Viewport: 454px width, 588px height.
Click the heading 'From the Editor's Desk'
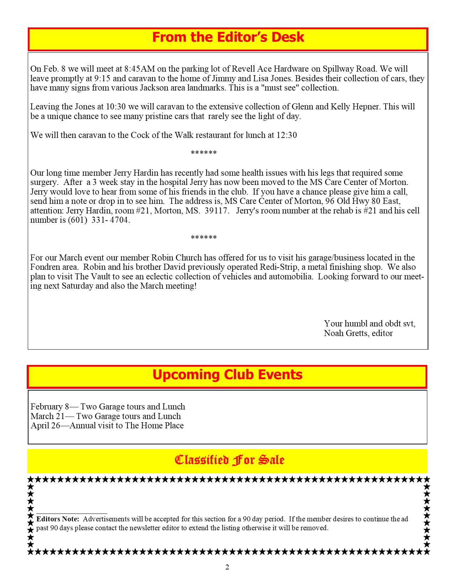[x=228, y=37]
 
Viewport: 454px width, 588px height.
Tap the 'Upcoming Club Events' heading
[x=227, y=375]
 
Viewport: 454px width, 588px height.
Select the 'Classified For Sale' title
[x=230, y=460]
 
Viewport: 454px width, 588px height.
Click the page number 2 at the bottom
[x=227, y=567]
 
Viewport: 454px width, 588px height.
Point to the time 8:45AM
[x=140, y=69]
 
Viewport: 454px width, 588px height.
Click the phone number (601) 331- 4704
[x=98, y=220]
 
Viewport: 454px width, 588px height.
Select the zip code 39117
[x=216, y=211]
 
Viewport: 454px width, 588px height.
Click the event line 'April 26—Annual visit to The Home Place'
[x=107, y=425]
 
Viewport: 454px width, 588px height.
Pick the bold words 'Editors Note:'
[x=58, y=519]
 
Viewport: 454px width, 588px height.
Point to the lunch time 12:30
[x=287, y=135]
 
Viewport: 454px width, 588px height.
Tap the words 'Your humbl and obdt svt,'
[x=370, y=324]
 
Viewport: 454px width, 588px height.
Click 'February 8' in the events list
[x=50, y=407]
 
